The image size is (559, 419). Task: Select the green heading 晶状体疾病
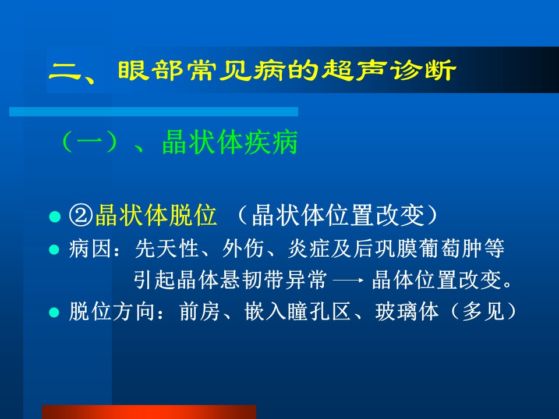click(229, 142)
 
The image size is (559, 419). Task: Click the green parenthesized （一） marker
click(90, 142)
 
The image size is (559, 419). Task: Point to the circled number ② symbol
click(81, 215)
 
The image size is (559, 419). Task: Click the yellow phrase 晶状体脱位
click(156, 215)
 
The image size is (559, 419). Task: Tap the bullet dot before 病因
click(54, 249)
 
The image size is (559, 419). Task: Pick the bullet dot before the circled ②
click(55, 216)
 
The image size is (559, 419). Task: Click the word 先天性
click(167, 248)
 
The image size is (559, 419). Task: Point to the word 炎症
click(309, 248)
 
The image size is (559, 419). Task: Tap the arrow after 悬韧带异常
click(348, 280)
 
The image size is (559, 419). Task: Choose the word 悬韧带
click(252, 280)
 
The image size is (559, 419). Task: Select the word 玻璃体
click(407, 311)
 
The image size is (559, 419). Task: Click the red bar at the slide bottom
click(149, 412)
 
